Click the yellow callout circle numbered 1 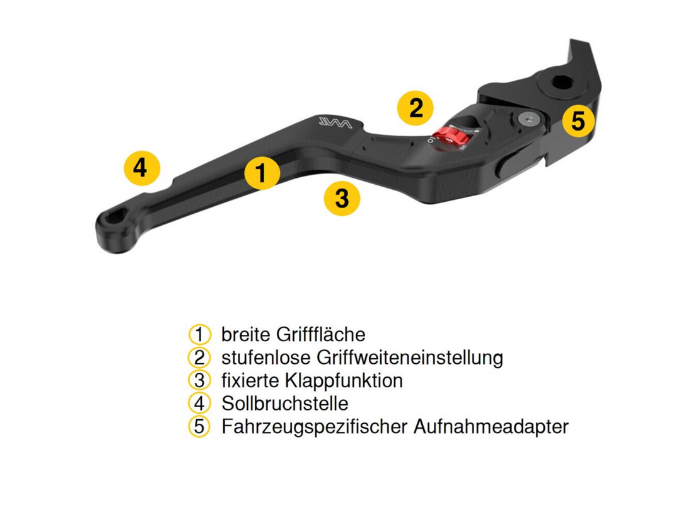click(x=262, y=173)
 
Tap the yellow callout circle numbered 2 click(x=416, y=108)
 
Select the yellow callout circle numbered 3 click(x=342, y=198)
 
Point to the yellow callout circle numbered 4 click(x=142, y=168)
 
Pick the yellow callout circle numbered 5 click(x=578, y=120)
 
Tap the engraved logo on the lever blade click(x=335, y=122)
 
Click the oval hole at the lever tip click(x=116, y=216)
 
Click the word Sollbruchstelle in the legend click(x=285, y=404)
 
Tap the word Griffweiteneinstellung click(x=410, y=358)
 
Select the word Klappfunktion click(x=344, y=381)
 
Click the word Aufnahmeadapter click(x=491, y=426)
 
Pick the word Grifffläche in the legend click(x=320, y=334)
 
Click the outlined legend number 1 click(x=199, y=335)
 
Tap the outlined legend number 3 click(x=199, y=380)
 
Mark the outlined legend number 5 click(x=199, y=426)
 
